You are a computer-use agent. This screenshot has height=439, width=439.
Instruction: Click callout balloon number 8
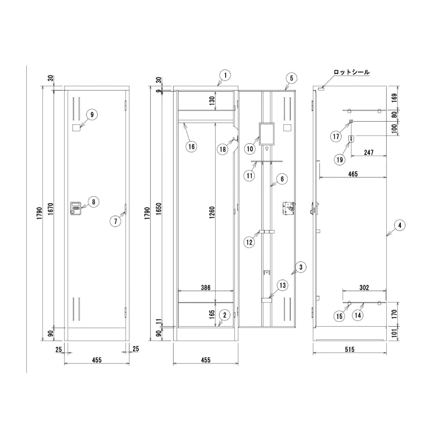(94, 202)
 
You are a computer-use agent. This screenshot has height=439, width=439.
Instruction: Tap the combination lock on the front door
(76, 209)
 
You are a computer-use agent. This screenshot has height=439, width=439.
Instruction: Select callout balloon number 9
(92, 115)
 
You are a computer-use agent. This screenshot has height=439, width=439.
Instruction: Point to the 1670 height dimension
(50, 209)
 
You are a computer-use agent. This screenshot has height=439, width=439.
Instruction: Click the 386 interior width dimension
(205, 288)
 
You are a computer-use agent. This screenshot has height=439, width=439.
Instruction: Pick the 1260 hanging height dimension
(212, 212)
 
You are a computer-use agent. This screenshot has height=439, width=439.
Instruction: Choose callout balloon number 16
(191, 147)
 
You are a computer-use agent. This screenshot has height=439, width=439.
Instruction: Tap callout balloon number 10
(250, 149)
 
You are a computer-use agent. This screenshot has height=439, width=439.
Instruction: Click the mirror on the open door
(267, 133)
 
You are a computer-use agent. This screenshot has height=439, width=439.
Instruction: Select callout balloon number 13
(283, 285)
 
